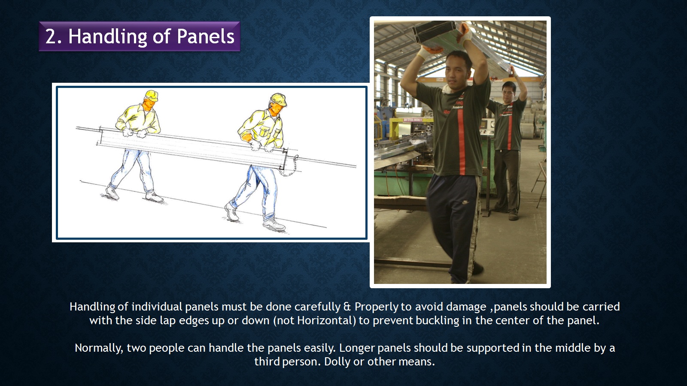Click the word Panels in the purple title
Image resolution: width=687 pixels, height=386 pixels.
tap(206, 36)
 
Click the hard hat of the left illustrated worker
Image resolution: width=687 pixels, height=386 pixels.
tap(152, 95)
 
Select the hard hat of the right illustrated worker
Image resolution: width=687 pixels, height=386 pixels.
tap(279, 99)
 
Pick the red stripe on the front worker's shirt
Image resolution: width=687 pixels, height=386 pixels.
tap(461, 141)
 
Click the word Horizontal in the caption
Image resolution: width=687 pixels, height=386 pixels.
tap(325, 320)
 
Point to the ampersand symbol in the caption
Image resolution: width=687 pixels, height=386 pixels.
tap(347, 307)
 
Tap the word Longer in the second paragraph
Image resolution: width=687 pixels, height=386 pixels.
tap(357, 348)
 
